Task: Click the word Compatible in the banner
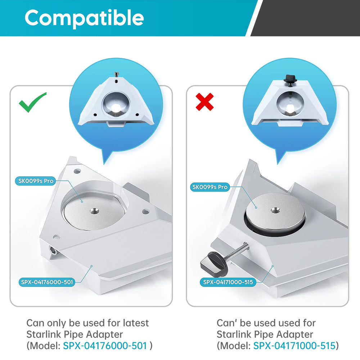point(84,18)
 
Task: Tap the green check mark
point(32,102)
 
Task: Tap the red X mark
point(204,102)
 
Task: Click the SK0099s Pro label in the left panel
point(36,181)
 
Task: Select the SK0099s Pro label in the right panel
point(210,187)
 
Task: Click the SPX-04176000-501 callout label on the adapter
point(47,282)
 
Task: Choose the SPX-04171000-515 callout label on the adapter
point(228,282)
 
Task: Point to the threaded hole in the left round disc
point(94,211)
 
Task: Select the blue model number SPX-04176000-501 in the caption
point(105,346)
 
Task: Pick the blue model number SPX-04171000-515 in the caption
point(294,346)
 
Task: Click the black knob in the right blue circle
point(290,79)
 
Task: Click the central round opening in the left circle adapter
point(115,103)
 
